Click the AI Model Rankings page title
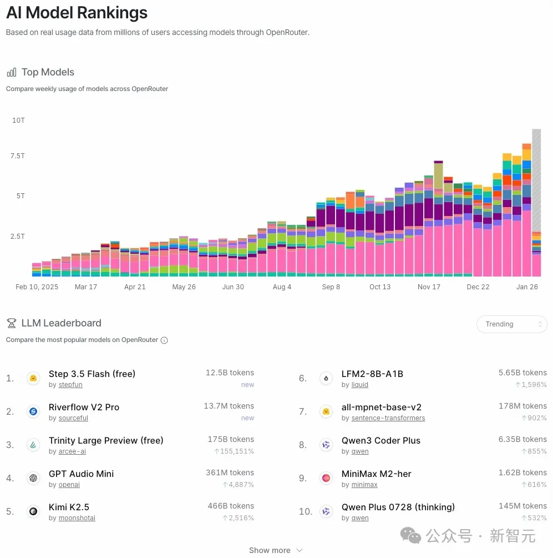coord(77,13)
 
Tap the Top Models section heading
coord(48,72)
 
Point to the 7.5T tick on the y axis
coord(18,156)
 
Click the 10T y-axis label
coord(18,120)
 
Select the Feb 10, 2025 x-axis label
coord(37,287)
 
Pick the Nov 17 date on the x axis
coord(429,287)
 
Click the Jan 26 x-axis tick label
coord(527,287)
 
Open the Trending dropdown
coord(511,324)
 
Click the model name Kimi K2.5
coord(69,507)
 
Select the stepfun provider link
coord(70,385)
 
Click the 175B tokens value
coord(231,439)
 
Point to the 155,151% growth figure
coord(234,451)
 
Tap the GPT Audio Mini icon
coord(33,478)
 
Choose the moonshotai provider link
coord(77,518)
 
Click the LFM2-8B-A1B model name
coord(372,374)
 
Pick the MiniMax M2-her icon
coord(326,478)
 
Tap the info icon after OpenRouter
coord(164,340)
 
